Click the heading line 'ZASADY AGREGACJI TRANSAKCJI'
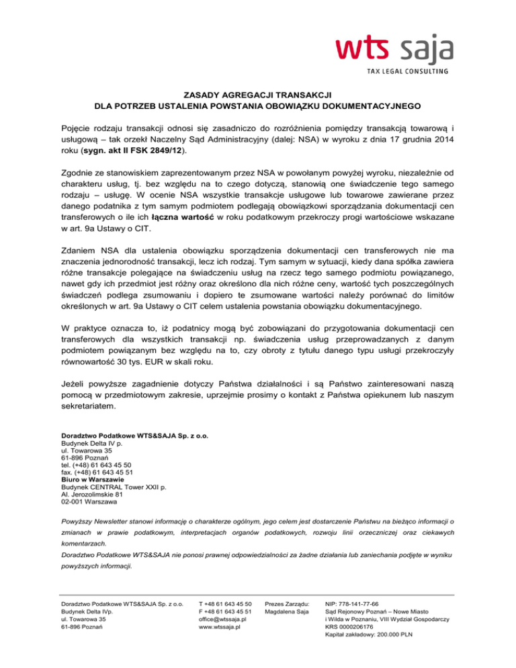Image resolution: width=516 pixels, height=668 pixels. click(x=258, y=94)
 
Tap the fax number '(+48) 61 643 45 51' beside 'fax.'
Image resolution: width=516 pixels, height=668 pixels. click(x=103, y=472)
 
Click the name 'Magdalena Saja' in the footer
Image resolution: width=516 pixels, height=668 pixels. click(x=288, y=612)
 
